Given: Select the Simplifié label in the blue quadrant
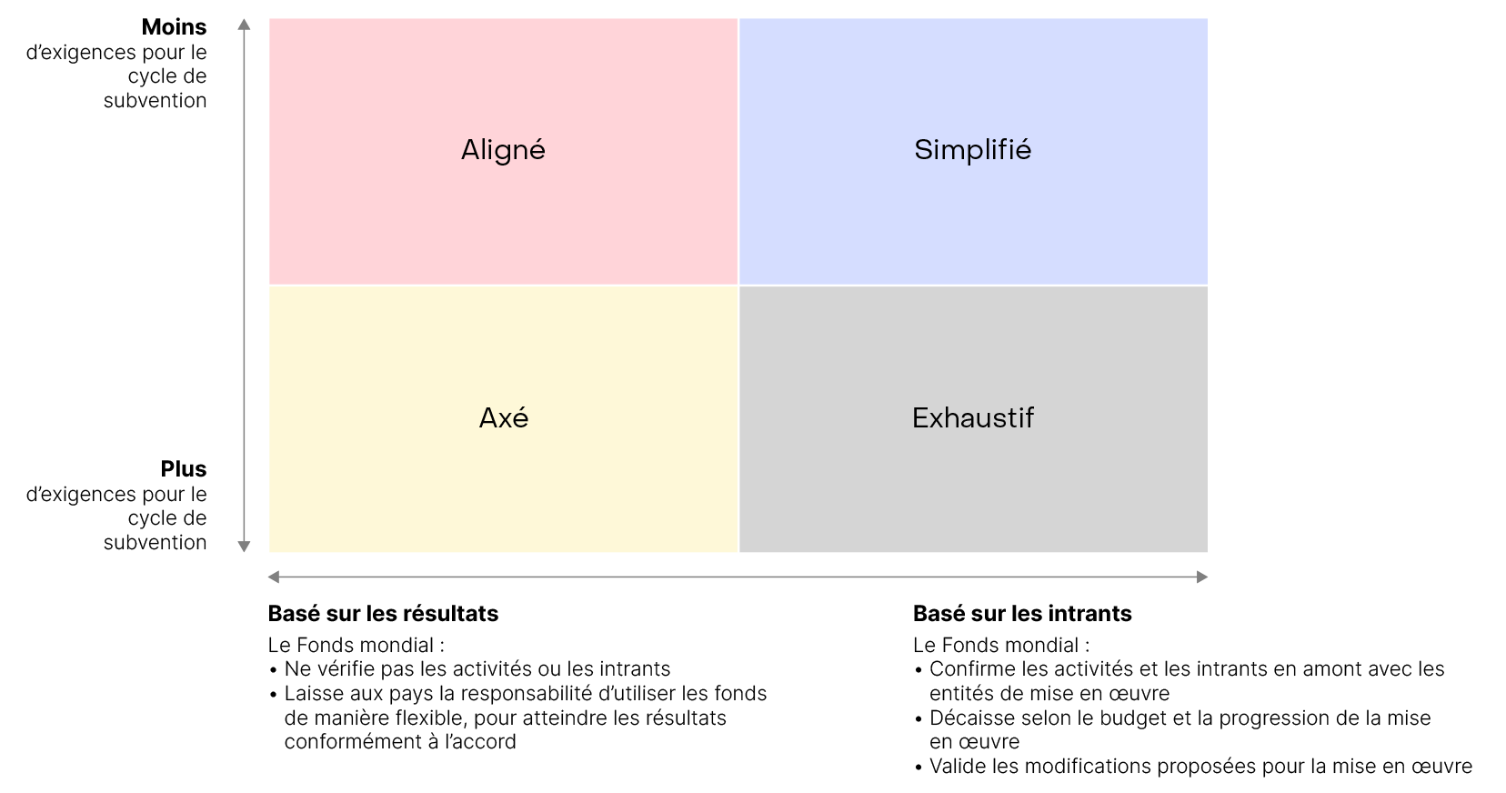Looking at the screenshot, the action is (x=972, y=150).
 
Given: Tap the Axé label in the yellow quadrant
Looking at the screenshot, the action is (x=504, y=418).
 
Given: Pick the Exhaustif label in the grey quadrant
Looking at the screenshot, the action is (x=973, y=418).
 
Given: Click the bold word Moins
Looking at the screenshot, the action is (x=174, y=27).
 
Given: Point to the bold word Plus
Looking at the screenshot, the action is (x=184, y=468).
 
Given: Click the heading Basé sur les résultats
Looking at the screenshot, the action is (x=383, y=614).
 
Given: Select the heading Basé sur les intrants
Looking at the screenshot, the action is (x=1022, y=614).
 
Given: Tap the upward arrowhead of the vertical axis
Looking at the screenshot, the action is (x=244, y=25).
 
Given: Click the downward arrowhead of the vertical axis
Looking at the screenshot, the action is (x=244, y=547).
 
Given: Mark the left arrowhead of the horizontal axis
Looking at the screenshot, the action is (x=274, y=577).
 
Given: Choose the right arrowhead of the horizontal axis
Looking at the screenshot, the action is (x=1202, y=577).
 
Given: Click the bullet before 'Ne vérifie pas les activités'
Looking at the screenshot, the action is (x=273, y=671).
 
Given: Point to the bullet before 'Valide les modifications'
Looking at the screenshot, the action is (x=919, y=768).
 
